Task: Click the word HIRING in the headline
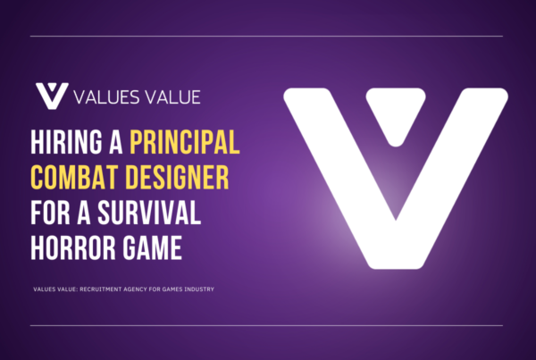coord(66,142)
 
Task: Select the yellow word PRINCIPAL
coord(185,142)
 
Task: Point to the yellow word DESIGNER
coord(177,177)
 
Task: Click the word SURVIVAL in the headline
coord(149,213)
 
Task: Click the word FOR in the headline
coord(50,213)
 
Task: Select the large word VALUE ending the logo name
coord(172,97)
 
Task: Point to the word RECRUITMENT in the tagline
coord(101,289)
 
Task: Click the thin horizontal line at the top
coord(266,36)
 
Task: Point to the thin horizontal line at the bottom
coord(266,325)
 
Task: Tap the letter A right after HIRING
coord(116,142)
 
